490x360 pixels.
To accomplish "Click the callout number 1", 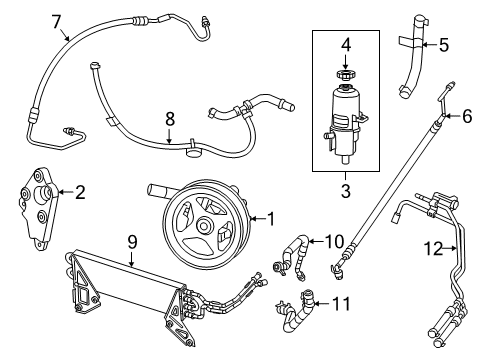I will tap(269, 218).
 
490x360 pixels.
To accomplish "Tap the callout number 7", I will tap(56, 21).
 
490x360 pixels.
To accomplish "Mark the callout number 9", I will tap(130, 241).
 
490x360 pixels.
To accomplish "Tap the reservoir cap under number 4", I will tap(343, 75).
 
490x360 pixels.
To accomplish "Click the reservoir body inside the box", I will tap(343, 125).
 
